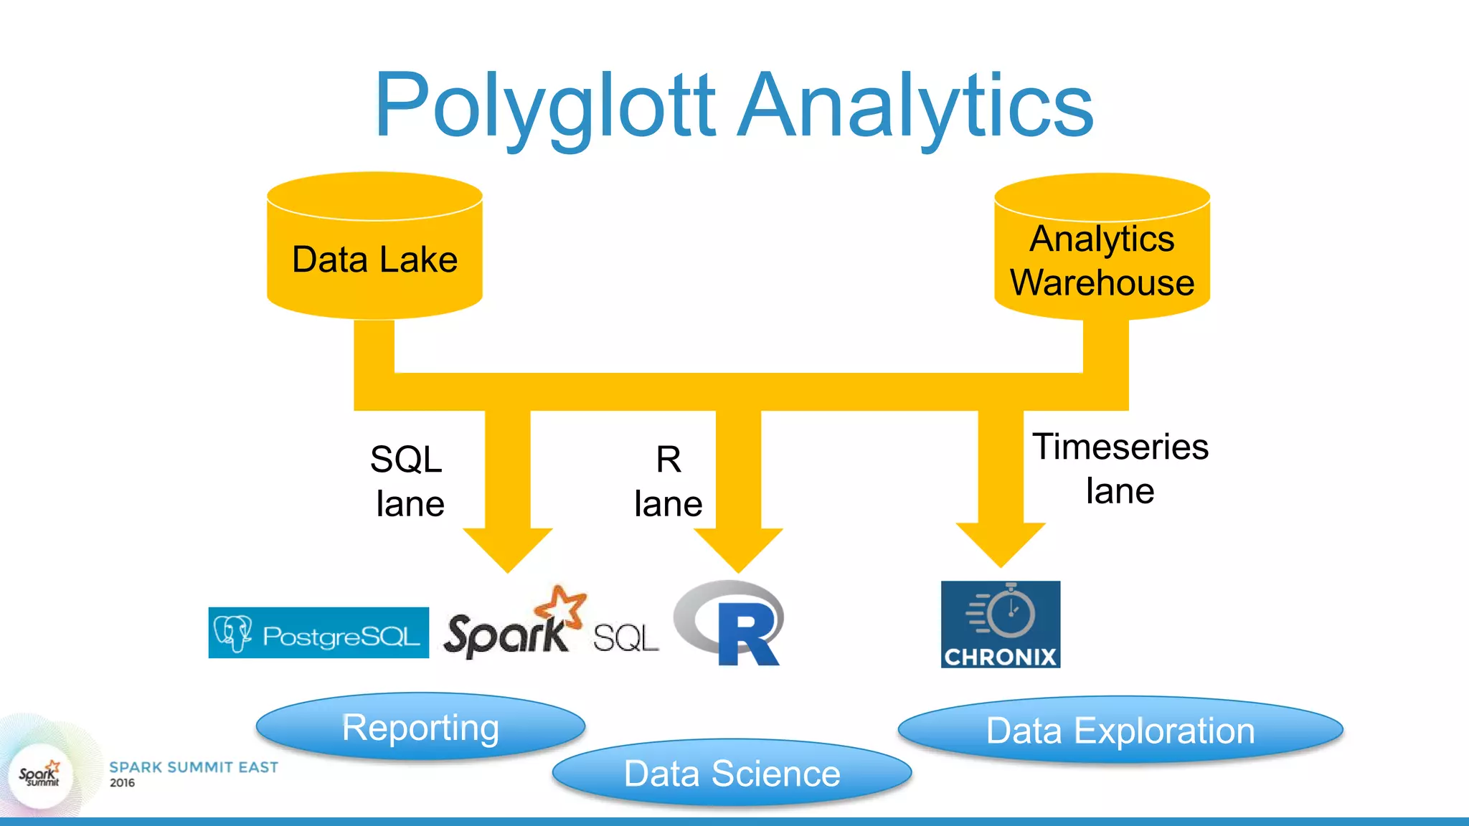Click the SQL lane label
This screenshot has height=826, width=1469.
407,481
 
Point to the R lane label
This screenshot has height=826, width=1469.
668,481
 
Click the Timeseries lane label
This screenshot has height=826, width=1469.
1120,468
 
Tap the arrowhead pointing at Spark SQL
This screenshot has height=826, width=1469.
508,549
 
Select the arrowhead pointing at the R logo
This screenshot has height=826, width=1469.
738,549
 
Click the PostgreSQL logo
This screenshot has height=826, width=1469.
318,633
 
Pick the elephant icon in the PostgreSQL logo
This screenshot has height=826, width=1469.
233,632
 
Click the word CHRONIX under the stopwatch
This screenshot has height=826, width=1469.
1001,657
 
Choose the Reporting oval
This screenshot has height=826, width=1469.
420,727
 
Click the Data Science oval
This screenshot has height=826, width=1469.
732,774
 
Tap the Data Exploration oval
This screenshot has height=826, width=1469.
1120,731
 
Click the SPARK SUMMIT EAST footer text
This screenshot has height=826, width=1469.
194,767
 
